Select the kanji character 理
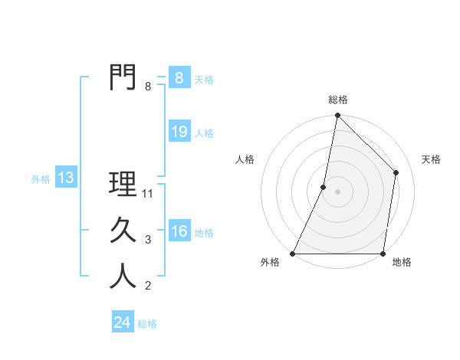tap(123, 184)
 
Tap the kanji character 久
tap(123, 231)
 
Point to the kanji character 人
tap(123, 277)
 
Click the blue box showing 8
tap(179, 78)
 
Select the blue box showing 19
tap(179, 132)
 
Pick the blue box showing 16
tap(179, 231)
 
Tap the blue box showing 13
tap(66, 178)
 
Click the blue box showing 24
tap(122, 322)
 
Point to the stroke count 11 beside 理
tap(149, 194)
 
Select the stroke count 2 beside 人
tap(148, 286)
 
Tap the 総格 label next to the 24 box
tap(147, 324)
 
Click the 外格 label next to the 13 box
tap(41, 179)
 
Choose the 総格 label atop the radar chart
tap(338, 100)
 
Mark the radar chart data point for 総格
tap(337, 116)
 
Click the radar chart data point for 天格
tap(396, 172)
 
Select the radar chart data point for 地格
tap(383, 254)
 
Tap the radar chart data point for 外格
tap(293, 254)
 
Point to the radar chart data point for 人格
tap(324, 187)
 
